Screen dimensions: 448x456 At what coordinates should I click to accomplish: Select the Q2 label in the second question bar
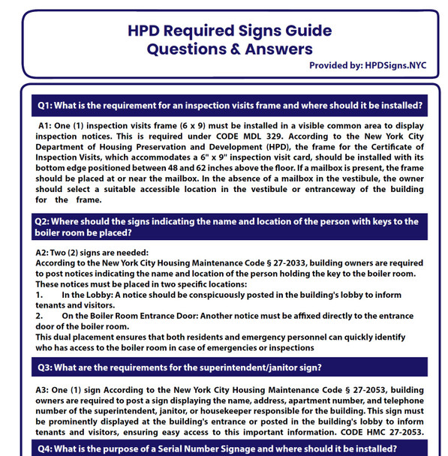click(41, 221)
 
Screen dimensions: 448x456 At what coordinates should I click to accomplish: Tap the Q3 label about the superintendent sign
click(44, 367)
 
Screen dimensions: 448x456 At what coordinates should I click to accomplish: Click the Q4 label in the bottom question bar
click(44, 449)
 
